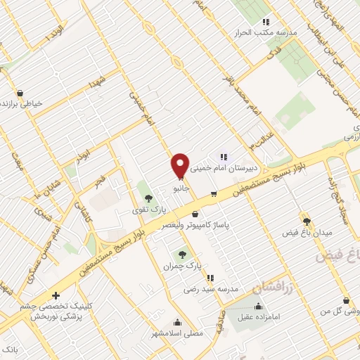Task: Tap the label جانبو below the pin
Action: coord(181,188)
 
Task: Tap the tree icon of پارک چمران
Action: coord(184,255)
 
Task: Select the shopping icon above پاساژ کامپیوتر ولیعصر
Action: coord(195,214)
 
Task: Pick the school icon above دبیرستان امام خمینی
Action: coord(224,157)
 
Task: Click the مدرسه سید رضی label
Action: coord(211,289)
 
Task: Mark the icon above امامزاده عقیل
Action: coord(259,306)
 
